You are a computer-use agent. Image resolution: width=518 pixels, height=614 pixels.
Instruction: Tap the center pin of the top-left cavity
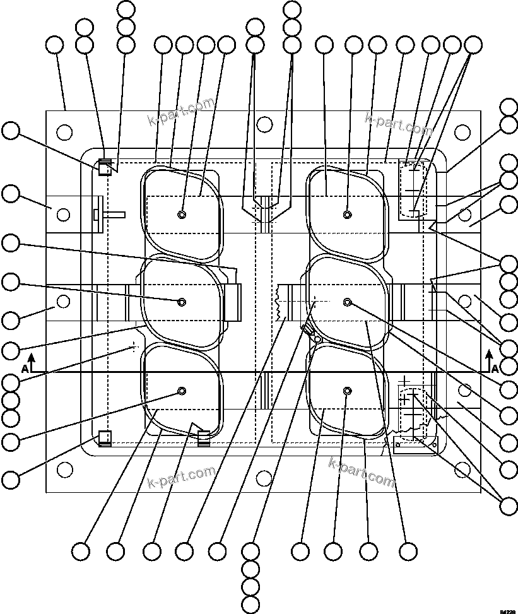coord(182,215)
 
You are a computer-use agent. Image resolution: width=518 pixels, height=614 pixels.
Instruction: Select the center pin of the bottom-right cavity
coord(347,392)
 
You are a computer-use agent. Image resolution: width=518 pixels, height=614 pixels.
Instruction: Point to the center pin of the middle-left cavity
coord(182,302)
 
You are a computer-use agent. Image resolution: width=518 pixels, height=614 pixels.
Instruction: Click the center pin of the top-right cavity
coord(347,215)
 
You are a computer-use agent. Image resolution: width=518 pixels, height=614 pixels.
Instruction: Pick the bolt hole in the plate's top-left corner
coord(64,132)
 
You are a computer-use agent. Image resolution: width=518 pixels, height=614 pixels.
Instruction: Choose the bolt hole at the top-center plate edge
coord(265,124)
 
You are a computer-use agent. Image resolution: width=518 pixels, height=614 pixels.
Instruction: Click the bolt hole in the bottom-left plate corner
coord(64,469)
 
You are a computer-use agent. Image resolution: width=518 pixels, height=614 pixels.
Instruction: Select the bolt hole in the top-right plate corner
coord(462,132)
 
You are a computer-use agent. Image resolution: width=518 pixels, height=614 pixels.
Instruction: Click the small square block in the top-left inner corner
coord(105,168)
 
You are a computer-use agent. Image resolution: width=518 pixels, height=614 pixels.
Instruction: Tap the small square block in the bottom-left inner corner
coord(105,437)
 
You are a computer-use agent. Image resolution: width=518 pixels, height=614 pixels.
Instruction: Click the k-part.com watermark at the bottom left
coord(181,477)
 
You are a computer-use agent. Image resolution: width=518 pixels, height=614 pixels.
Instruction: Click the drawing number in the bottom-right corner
coord(507,610)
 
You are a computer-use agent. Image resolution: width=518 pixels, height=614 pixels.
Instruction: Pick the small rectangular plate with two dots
coord(415,444)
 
